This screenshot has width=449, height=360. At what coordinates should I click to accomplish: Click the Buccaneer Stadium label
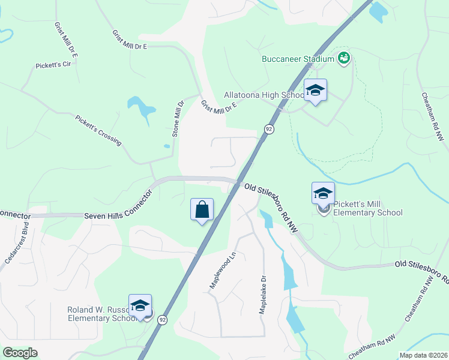pos(297,59)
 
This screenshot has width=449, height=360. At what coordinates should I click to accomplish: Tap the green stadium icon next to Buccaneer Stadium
pos(344,58)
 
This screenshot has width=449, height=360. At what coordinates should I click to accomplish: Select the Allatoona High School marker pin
pos(315,91)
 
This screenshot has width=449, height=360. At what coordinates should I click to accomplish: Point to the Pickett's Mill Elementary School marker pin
pos(323,194)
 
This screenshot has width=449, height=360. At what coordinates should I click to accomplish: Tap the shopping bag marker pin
pos(202,210)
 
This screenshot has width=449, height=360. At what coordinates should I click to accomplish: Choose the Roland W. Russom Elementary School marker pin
pos(140,306)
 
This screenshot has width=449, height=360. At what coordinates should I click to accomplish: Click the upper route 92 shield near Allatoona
pos(269,129)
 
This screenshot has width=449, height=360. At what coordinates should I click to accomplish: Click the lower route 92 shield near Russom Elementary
pos(163,320)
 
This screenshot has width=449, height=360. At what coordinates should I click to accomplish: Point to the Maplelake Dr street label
pos(262,295)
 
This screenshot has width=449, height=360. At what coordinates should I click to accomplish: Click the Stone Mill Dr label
pos(177,119)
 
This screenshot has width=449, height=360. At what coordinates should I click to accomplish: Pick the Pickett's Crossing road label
pos(98,130)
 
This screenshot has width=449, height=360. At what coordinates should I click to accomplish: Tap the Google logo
pos(20,353)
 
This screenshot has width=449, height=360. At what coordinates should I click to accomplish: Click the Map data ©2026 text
pos(423,355)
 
